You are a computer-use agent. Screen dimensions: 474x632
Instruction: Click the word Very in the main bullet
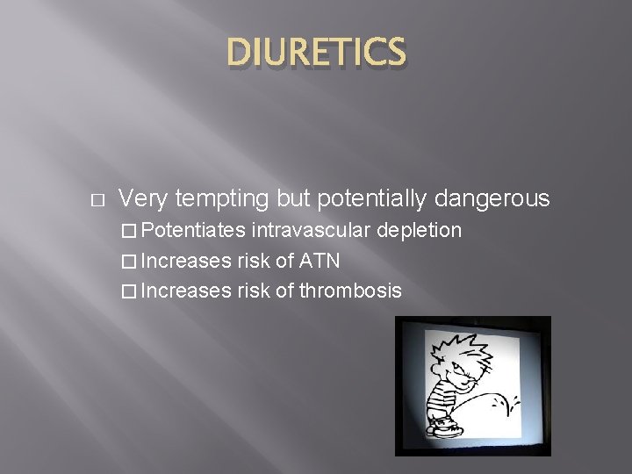[143, 199]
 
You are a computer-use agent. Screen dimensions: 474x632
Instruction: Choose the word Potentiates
[193, 231]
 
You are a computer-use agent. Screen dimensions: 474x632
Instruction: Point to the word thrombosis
[351, 291]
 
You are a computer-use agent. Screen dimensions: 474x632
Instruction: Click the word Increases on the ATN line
[186, 261]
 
